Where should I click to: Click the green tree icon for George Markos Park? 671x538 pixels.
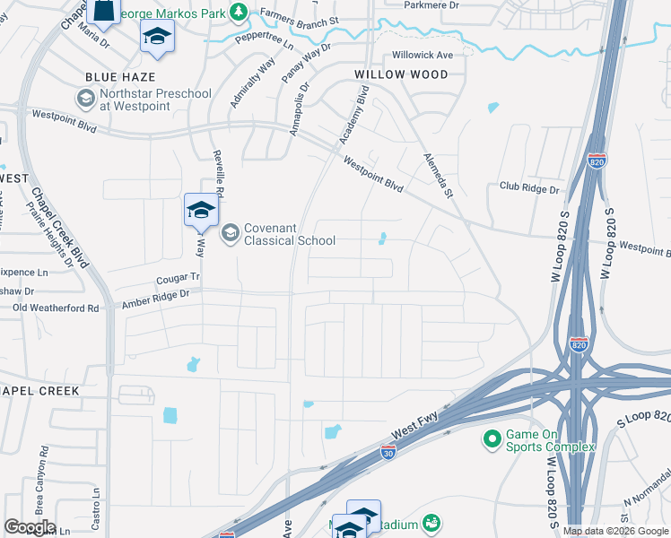pyautogui.click(x=239, y=11)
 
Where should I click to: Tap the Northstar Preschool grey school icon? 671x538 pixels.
pyautogui.click(x=86, y=99)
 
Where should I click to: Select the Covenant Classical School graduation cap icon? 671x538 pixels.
pyautogui.click(x=231, y=233)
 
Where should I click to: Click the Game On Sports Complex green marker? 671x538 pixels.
pyautogui.click(x=491, y=439)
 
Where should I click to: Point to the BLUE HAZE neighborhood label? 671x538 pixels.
pyautogui.click(x=121, y=78)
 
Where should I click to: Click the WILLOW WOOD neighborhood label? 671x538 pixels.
pyautogui.click(x=400, y=74)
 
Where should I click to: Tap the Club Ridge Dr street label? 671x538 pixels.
pyautogui.click(x=529, y=189)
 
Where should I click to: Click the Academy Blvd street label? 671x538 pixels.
pyautogui.click(x=355, y=115)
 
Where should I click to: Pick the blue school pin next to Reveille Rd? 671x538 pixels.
pyautogui.click(x=201, y=212)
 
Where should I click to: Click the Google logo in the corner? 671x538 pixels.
pyautogui.click(x=30, y=527)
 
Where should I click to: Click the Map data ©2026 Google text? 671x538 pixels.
pyautogui.click(x=615, y=531)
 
